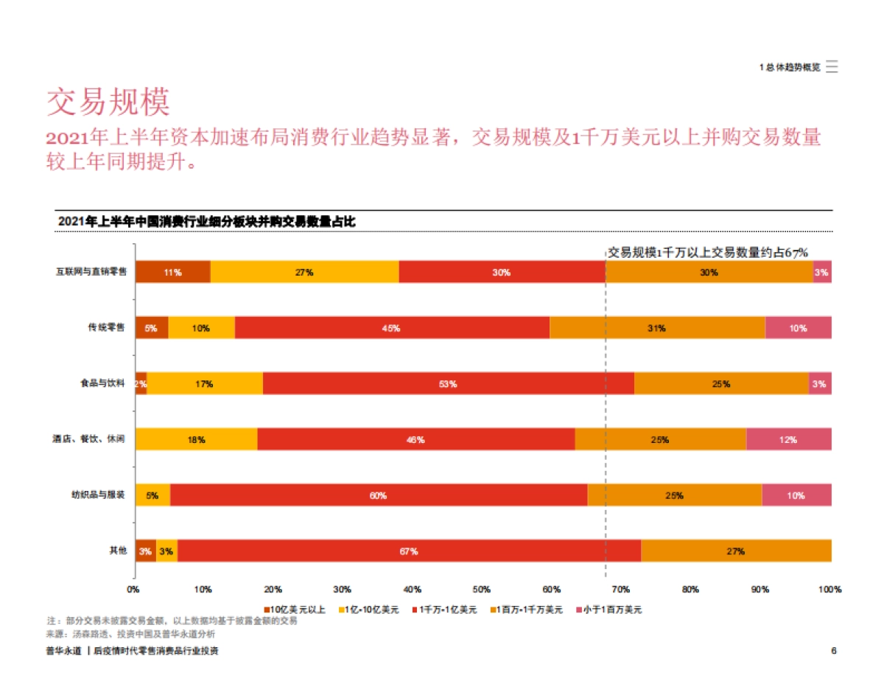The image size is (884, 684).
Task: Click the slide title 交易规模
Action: click(109, 102)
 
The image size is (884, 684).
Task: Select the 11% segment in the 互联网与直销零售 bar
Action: click(172, 272)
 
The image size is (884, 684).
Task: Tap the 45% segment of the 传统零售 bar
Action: click(391, 328)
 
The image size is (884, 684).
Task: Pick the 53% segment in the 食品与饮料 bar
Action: click(448, 384)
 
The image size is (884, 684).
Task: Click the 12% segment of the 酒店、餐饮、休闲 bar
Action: click(788, 440)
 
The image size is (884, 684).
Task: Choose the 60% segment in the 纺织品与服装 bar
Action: click(378, 495)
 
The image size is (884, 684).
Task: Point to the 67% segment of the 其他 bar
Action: click(409, 551)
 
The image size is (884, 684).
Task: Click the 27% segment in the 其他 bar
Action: click(735, 551)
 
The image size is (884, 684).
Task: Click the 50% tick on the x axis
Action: click(481, 590)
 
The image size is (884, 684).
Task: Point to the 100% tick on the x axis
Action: click(829, 590)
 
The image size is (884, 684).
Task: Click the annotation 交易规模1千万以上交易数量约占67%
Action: click(708, 252)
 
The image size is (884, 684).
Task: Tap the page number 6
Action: click(833, 651)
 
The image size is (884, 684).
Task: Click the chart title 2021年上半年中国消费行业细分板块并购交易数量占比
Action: click(206, 222)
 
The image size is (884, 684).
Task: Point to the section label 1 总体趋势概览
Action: click(790, 67)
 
